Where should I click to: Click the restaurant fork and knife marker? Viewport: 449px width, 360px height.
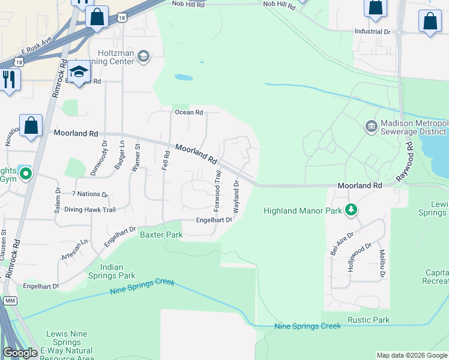point(8,79)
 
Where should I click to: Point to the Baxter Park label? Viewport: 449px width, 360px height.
point(161,235)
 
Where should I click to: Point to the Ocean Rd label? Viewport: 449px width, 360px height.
point(189,112)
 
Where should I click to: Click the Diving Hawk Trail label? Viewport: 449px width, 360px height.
point(89,209)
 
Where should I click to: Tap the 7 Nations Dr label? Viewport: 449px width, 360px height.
point(89,194)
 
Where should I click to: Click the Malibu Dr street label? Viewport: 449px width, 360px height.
point(382,263)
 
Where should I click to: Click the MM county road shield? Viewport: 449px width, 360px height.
point(9,299)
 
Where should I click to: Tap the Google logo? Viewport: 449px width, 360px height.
point(20,353)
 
